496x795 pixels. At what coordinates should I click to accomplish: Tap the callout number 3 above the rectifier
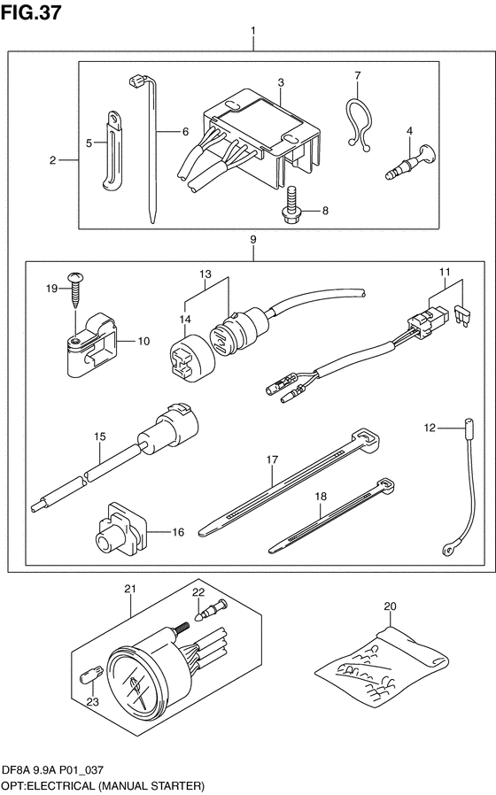[x=281, y=82]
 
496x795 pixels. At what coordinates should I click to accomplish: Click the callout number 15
[x=100, y=436]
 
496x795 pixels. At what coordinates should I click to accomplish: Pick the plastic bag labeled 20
[x=382, y=661]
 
